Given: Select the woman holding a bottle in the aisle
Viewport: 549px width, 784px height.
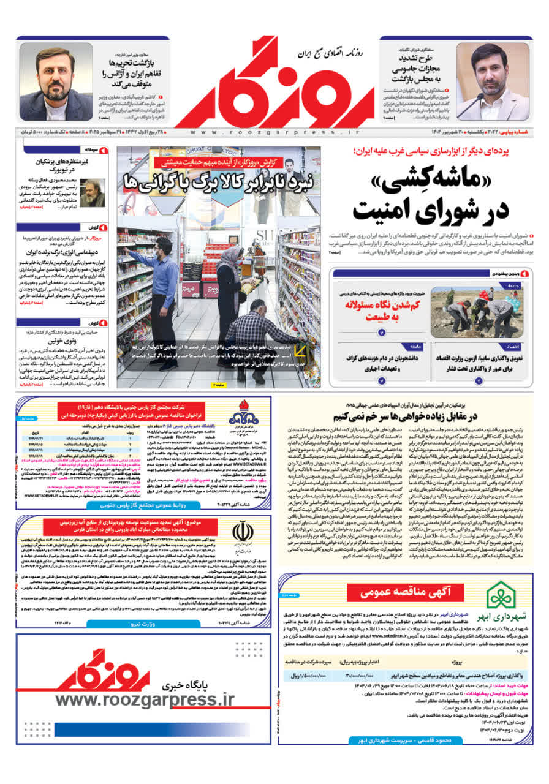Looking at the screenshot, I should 230,288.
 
